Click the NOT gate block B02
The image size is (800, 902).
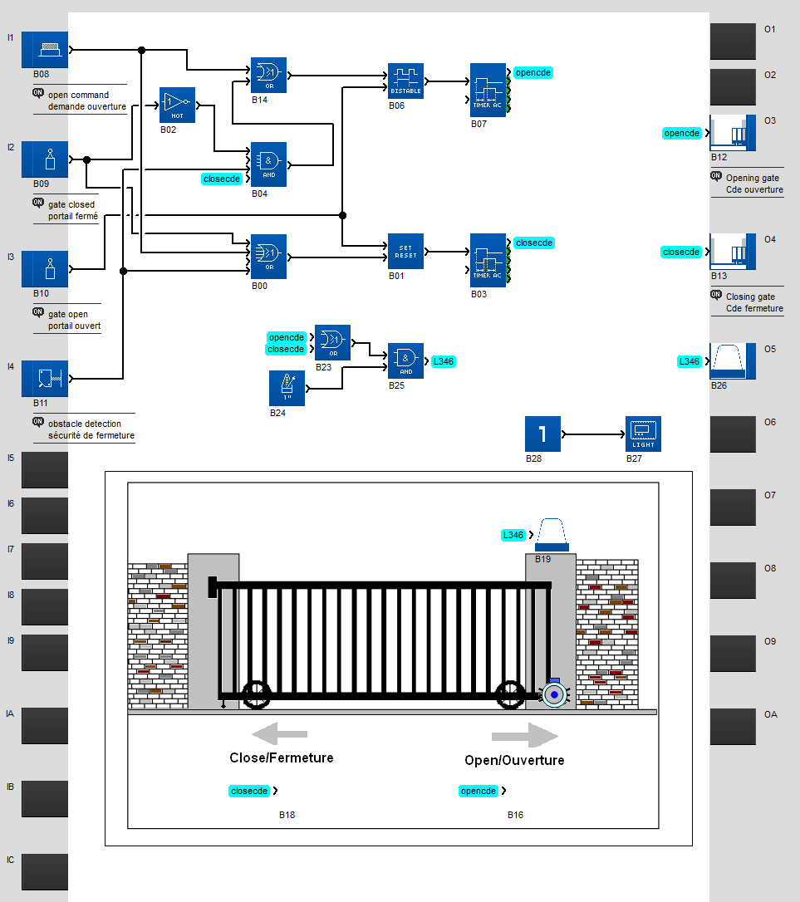tap(177, 105)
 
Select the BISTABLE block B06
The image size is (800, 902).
tap(405, 81)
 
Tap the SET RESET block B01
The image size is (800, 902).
tap(405, 251)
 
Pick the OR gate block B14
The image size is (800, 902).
tap(268, 75)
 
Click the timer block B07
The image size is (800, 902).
tap(488, 91)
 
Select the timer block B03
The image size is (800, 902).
tap(488, 261)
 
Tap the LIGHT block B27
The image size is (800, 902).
tap(643, 434)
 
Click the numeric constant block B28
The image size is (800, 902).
tap(542, 434)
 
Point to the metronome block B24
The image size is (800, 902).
tap(287, 388)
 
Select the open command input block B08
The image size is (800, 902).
tap(45, 50)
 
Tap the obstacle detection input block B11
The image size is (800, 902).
tap(45, 379)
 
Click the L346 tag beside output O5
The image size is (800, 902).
tap(690, 361)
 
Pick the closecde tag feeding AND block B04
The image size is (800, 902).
tap(223, 179)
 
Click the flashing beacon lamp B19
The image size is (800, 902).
tap(552, 534)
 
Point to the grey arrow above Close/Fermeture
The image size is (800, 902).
tap(279, 734)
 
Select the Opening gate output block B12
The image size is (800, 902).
tap(733, 133)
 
